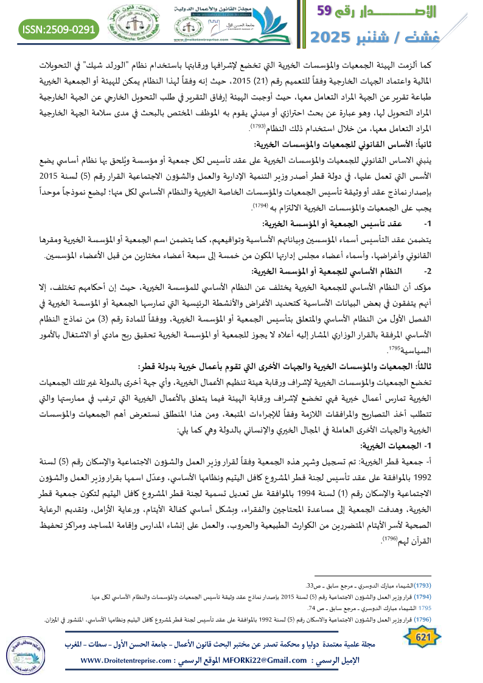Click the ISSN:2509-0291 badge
tap(60, 29)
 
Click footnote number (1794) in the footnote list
tap(465, 597)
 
